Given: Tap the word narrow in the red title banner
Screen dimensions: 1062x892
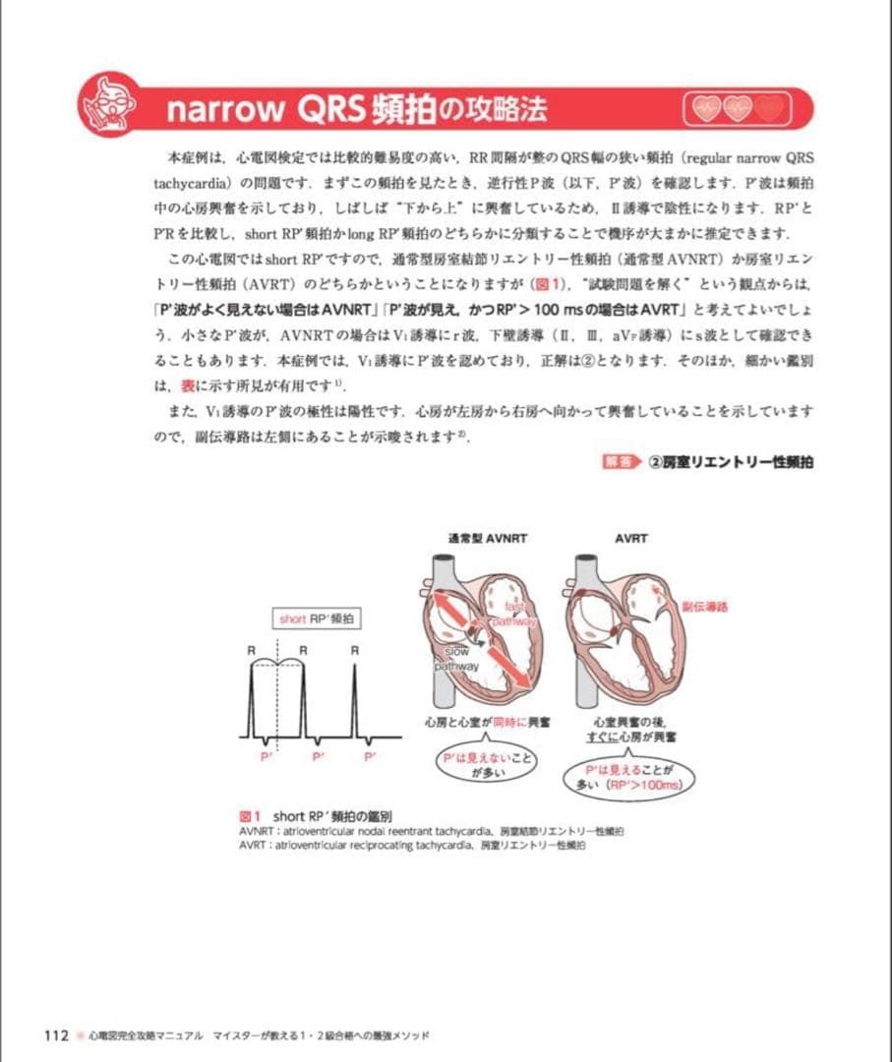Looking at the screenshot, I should click(x=224, y=109).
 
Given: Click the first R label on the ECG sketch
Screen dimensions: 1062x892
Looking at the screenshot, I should click(x=252, y=650).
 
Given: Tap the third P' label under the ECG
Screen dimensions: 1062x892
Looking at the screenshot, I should click(x=371, y=756).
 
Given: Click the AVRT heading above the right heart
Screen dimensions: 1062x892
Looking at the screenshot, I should click(x=630, y=539).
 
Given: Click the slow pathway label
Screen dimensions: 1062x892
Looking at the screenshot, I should click(x=457, y=659).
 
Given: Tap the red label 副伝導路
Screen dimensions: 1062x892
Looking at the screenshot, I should click(x=704, y=607).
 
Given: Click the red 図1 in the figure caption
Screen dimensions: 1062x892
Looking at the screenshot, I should click(x=249, y=816).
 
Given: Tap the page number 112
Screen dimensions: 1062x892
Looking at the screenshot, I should click(x=54, y=1035).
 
